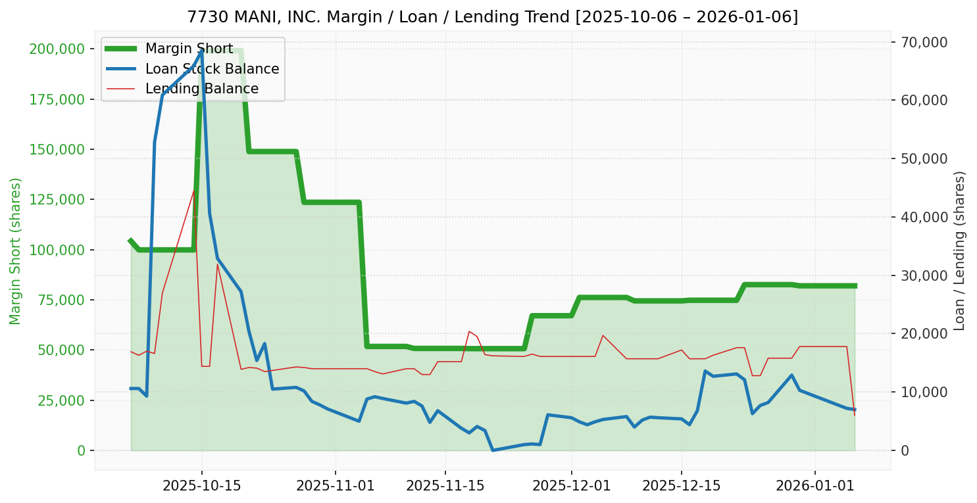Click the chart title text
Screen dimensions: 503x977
[x=492, y=16]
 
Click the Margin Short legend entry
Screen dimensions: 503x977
[x=189, y=49]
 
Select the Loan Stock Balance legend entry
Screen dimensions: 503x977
[x=212, y=69]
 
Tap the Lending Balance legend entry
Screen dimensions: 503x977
[x=201, y=89]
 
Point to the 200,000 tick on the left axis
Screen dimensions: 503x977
[x=58, y=49]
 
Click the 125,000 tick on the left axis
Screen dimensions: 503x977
[x=58, y=200]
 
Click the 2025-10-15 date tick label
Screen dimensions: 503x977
[x=201, y=487]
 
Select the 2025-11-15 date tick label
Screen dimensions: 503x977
[x=445, y=487]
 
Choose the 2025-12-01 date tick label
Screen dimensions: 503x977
[x=571, y=487]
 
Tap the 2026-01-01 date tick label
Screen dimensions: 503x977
[x=814, y=487]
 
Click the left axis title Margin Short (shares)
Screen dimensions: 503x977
[x=16, y=251]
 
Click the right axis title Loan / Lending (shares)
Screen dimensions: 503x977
[x=960, y=251]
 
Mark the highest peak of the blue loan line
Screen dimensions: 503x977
[x=201, y=50]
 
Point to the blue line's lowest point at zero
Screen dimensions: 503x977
[x=492, y=450]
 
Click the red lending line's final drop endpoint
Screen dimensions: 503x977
[x=855, y=415]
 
